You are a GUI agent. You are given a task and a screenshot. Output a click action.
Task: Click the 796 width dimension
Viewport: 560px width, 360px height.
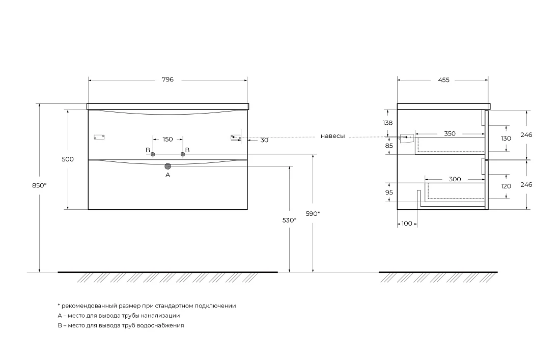[x=167, y=79]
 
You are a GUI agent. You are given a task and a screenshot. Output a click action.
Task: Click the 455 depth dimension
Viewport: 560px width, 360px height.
[x=443, y=80]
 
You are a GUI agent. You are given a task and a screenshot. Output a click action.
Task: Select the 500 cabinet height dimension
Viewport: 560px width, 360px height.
[x=68, y=159]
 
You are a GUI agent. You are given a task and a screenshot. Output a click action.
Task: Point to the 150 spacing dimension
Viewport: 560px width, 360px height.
[x=167, y=140]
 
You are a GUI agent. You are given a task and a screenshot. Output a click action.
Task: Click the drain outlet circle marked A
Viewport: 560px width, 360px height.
[x=168, y=166]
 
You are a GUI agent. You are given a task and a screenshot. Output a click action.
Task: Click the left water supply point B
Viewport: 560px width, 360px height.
[x=153, y=154]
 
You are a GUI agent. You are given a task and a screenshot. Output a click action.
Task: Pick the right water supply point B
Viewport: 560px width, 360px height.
[x=183, y=154]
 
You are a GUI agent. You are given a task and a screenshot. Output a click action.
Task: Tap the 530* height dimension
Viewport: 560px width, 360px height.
[x=289, y=220]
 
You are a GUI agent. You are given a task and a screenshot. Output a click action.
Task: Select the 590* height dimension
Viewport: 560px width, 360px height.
[x=313, y=213]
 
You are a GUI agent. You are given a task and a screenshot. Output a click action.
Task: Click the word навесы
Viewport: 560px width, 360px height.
[x=332, y=136]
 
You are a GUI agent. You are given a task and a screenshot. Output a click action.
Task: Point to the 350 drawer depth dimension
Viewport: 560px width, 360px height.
[x=450, y=133]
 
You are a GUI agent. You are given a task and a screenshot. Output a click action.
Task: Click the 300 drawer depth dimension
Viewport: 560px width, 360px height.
[x=455, y=179]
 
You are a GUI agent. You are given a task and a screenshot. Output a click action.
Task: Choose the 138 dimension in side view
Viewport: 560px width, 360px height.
[x=387, y=123]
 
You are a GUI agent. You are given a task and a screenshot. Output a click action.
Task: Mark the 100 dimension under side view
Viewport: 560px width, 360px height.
[x=407, y=224]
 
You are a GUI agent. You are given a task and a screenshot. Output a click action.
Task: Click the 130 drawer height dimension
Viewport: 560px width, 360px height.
[x=506, y=138]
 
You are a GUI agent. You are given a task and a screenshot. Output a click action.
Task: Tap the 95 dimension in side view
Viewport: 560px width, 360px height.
[x=389, y=192]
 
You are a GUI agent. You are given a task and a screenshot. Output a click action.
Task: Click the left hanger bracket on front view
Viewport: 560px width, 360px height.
[x=99, y=137]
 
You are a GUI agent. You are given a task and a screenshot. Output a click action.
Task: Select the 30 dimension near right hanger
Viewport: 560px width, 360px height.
[x=264, y=141]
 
